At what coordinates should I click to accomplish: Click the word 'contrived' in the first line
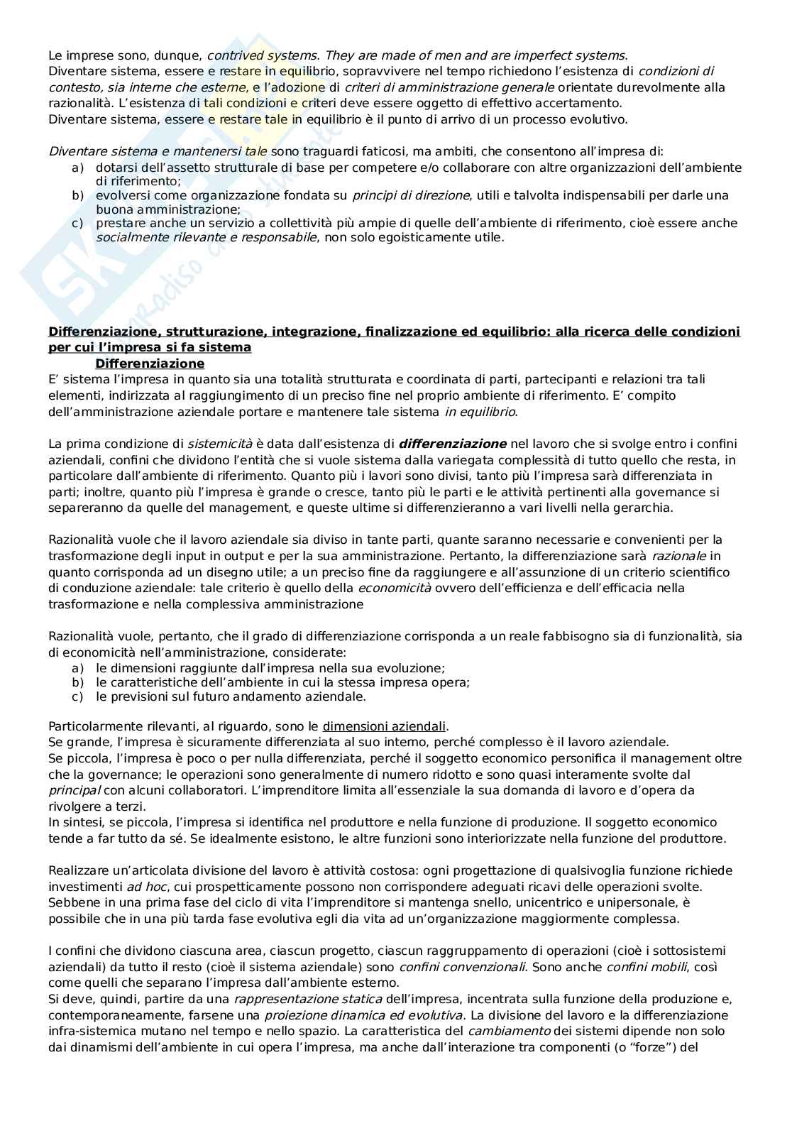(x=233, y=55)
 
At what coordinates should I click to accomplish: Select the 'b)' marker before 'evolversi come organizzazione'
(x=77, y=195)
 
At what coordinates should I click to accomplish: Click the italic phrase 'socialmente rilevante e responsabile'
(x=206, y=237)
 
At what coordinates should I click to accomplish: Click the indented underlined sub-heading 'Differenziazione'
(x=149, y=363)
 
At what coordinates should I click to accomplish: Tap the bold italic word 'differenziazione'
(x=453, y=444)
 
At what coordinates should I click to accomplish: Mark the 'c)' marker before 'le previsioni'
(x=77, y=696)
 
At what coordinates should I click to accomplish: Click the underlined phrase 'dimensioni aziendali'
(x=384, y=726)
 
